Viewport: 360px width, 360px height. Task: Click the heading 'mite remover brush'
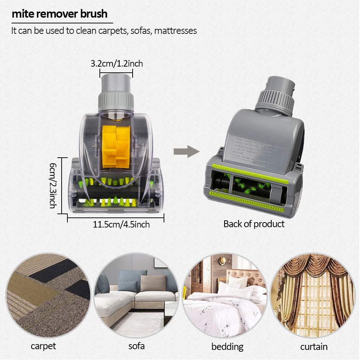(x=59, y=14)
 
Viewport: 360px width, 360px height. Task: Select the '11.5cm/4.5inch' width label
(x=121, y=225)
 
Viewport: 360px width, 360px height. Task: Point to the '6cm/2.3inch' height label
(x=53, y=185)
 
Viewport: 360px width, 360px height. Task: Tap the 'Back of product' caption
(x=254, y=224)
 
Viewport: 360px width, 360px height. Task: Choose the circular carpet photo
(x=48, y=295)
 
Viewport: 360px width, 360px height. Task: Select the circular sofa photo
(x=136, y=295)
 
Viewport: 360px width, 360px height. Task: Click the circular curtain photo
(x=313, y=295)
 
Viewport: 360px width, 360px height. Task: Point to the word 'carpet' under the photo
(x=43, y=346)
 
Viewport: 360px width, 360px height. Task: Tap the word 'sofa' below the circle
(x=137, y=346)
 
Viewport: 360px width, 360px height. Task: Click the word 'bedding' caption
(x=227, y=347)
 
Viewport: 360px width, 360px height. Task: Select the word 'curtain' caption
(x=314, y=347)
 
